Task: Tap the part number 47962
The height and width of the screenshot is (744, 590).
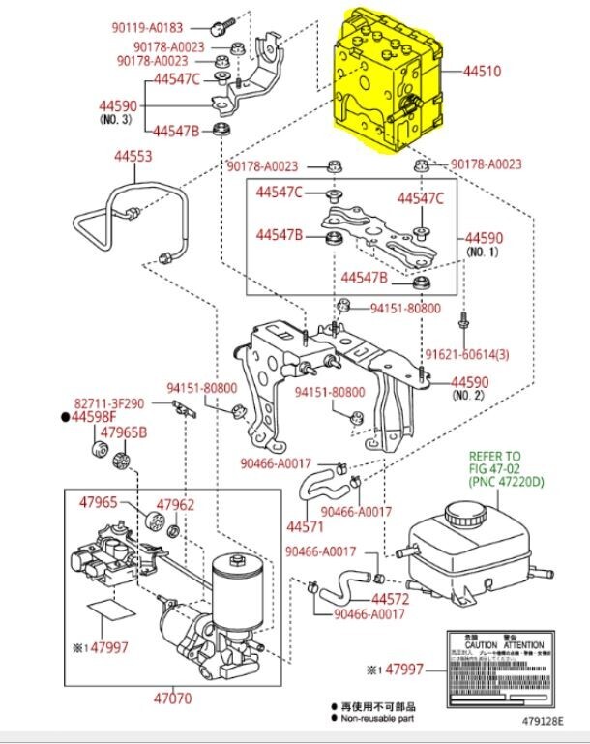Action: tap(175, 504)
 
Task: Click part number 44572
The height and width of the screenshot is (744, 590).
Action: tap(391, 599)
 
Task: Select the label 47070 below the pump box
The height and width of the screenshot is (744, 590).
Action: tap(172, 698)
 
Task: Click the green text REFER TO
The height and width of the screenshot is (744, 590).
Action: tap(494, 455)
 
